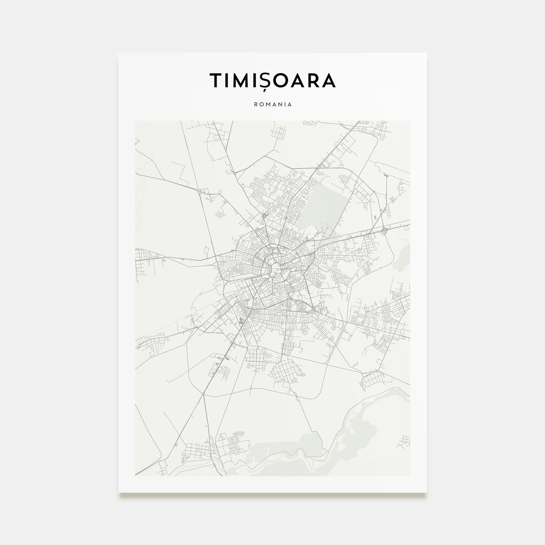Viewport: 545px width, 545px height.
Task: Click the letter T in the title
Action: pyautogui.click(x=216, y=80)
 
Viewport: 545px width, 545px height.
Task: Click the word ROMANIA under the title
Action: pyautogui.click(x=272, y=104)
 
